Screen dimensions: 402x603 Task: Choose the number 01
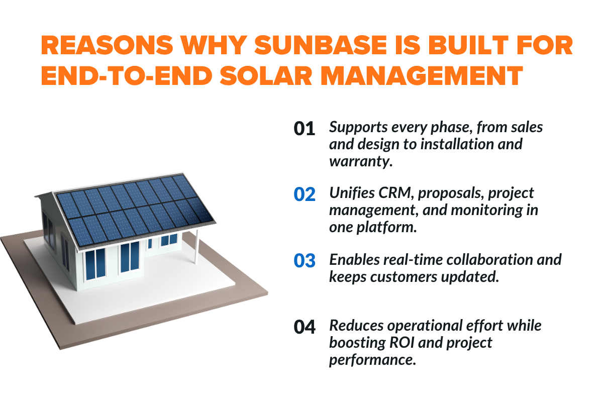305,129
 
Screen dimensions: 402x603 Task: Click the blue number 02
305,195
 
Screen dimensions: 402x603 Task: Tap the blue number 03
305,261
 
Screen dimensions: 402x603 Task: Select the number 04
305,328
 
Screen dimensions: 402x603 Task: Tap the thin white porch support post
195,246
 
